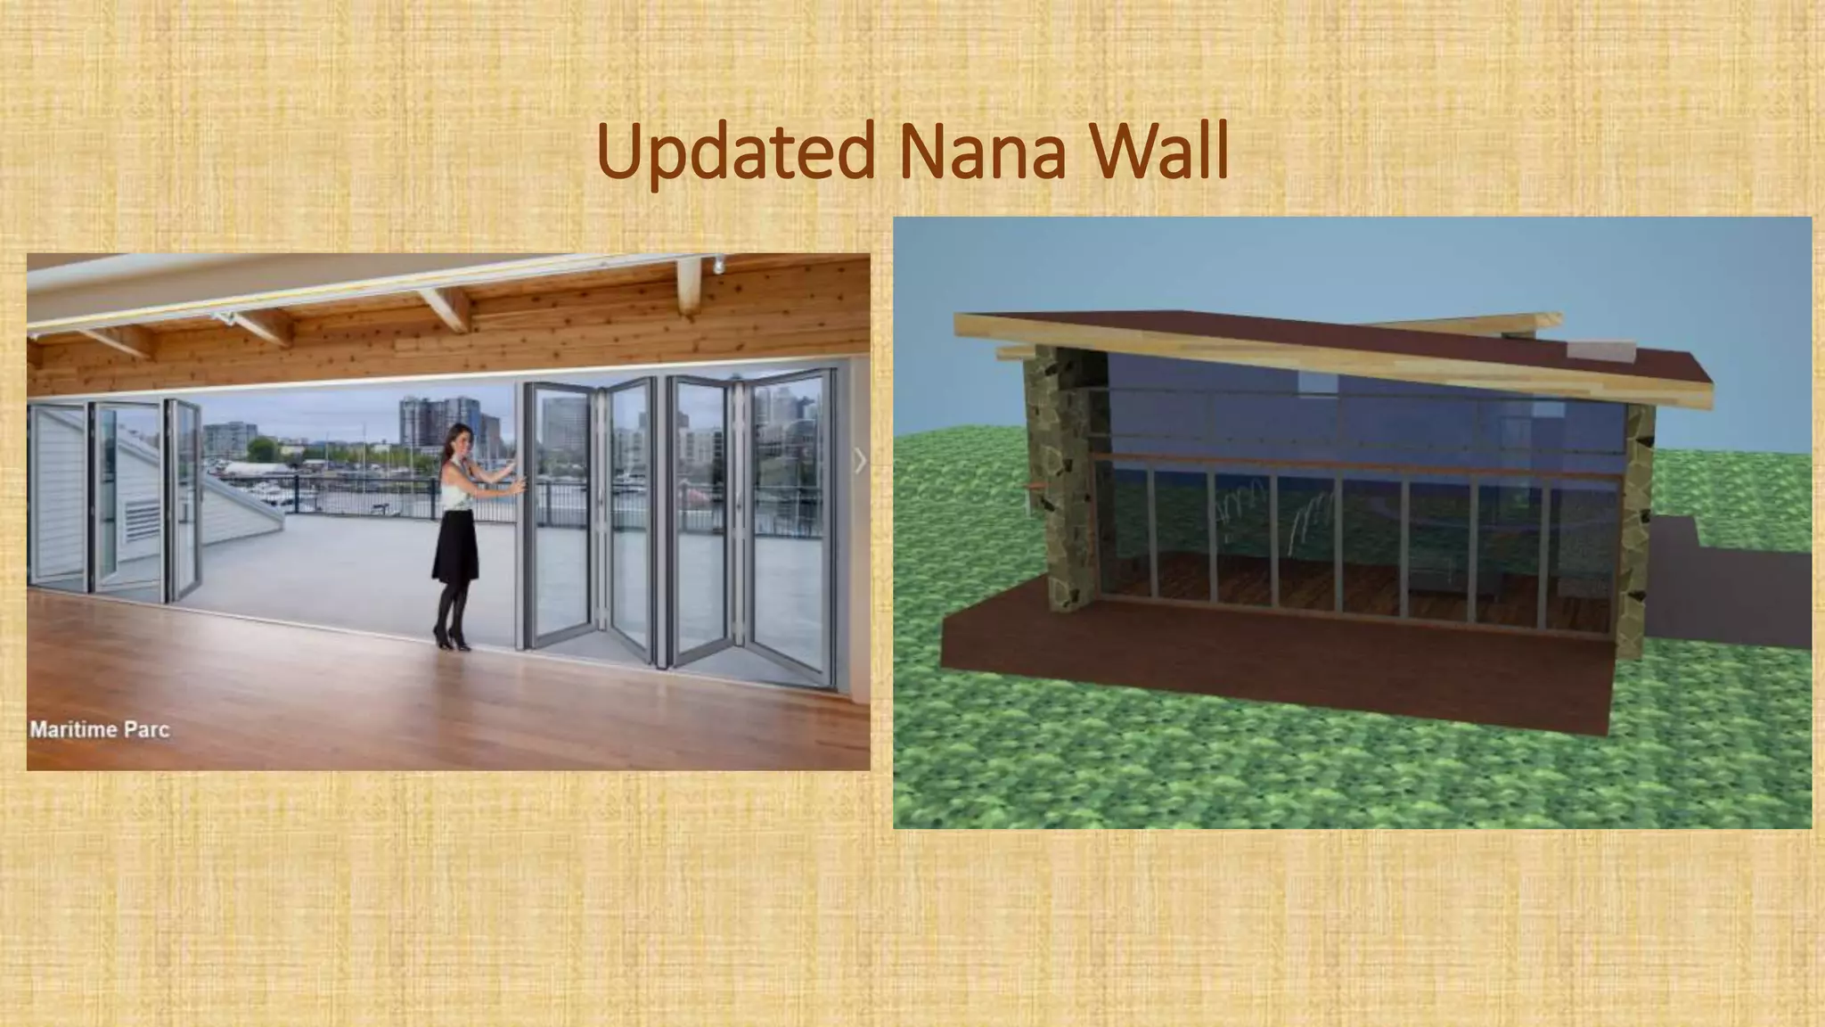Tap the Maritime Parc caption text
pos(99,729)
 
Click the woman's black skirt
pos(455,548)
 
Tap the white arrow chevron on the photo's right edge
pos(859,461)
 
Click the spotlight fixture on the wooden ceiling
pos(718,264)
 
